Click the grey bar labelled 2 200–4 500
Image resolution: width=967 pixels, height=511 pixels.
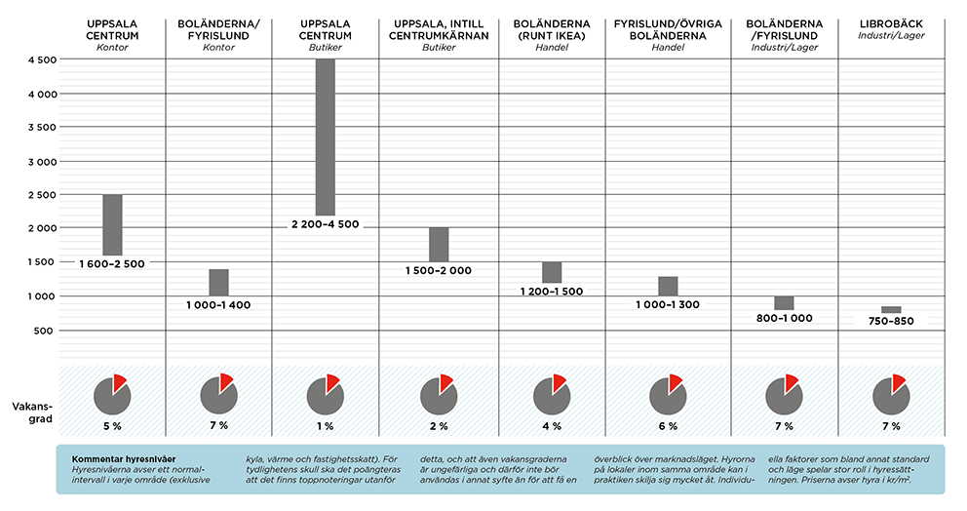click(x=326, y=137)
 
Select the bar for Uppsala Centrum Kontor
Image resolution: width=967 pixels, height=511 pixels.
click(x=112, y=224)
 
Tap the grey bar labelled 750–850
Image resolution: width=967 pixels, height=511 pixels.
click(x=891, y=309)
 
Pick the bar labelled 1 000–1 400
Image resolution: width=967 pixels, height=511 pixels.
click(x=218, y=282)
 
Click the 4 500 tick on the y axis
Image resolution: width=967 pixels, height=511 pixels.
click(x=38, y=59)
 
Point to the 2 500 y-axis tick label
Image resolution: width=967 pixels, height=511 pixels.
click(x=38, y=195)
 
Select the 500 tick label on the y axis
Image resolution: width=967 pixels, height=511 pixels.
click(x=44, y=331)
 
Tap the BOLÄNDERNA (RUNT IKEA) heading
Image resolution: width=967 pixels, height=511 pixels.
click(x=552, y=29)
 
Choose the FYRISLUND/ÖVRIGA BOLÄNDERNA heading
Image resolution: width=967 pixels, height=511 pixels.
click(x=668, y=29)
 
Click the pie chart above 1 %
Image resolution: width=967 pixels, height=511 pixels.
click(x=326, y=394)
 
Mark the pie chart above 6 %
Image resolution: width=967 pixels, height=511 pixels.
click(x=668, y=394)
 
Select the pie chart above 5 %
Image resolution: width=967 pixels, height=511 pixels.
click(x=112, y=394)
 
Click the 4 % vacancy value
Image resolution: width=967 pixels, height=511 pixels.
click(x=552, y=426)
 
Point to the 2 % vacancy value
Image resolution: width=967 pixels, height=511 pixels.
click(x=439, y=426)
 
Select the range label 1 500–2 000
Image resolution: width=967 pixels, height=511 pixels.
click(x=439, y=270)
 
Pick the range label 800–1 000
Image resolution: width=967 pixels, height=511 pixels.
click(x=784, y=318)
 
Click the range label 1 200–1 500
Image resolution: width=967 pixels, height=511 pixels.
click(x=552, y=292)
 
